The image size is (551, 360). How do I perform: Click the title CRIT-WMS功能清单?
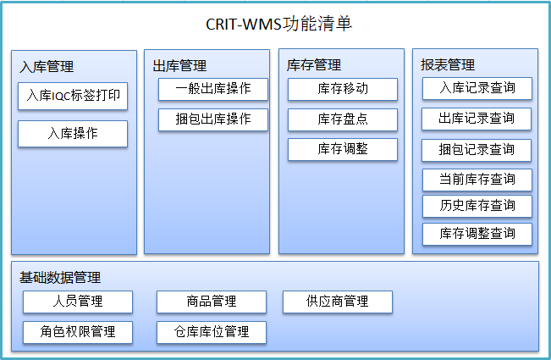pyautogui.click(x=278, y=24)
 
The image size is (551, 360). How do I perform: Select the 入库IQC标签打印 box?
pyautogui.click(x=73, y=96)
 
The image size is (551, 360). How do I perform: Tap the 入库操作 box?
pyautogui.click(x=73, y=134)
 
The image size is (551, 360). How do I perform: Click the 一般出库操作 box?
pyautogui.click(x=213, y=89)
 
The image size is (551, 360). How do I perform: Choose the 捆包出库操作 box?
pyautogui.click(x=213, y=120)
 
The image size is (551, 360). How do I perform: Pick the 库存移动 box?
pyautogui.click(x=343, y=89)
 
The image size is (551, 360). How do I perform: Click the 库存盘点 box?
pyautogui.click(x=343, y=120)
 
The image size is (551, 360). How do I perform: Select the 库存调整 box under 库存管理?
pyautogui.click(x=343, y=149)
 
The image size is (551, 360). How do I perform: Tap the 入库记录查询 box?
pyautogui.click(x=477, y=88)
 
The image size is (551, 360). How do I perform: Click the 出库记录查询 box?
pyautogui.click(x=477, y=119)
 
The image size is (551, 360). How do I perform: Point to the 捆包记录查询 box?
pyautogui.click(x=477, y=150)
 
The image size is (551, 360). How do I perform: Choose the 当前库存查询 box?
pyautogui.click(x=477, y=180)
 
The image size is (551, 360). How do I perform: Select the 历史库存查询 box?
pyautogui.click(x=477, y=207)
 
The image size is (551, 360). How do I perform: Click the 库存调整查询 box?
pyautogui.click(x=477, y=234)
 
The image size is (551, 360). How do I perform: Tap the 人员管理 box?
pyautogui.click(x=78, y=302)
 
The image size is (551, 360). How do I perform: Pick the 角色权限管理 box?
pyautogui.click(x=78, y=332)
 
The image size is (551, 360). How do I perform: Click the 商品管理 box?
pyautogui.click(x=212, y=302)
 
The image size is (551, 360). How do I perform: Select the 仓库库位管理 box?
pyautogui.click(x=212, y=332)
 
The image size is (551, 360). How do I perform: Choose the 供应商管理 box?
pyautogui.click(x=338, y=302)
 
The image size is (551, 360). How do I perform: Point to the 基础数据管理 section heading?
pyautogui.click(x=60, y=278)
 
